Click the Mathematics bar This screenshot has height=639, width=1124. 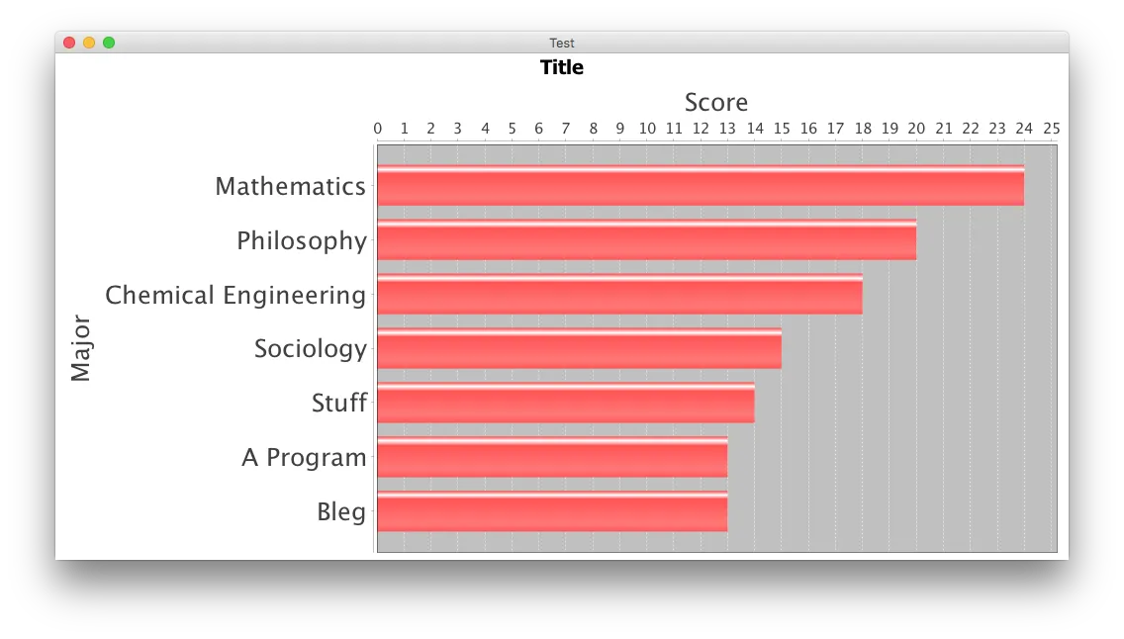(701, 186)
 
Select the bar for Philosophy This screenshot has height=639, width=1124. (646, 240)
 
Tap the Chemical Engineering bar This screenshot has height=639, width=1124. (619, 295)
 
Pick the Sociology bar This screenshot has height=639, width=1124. (579, 348)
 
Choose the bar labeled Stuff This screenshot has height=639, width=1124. (565, 403)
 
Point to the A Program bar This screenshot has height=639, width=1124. (552, 457)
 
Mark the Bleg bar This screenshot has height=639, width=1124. (552, 511)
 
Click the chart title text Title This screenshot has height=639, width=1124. (562, 67)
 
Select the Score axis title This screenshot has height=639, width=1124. (716, 103)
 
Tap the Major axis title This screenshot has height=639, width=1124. (81, 348)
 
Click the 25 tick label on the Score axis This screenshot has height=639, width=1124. (1052, 129)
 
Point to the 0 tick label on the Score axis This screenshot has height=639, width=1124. (378, 129)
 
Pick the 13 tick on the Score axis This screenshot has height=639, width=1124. (727, 129)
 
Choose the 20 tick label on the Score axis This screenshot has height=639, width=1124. (916, 129)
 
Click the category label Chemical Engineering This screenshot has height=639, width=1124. (235, 295)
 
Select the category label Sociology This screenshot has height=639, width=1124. (311, 348)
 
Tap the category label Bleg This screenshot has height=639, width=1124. (341, 511)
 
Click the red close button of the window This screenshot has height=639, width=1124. (69, 43)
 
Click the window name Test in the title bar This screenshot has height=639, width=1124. (562, 43)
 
